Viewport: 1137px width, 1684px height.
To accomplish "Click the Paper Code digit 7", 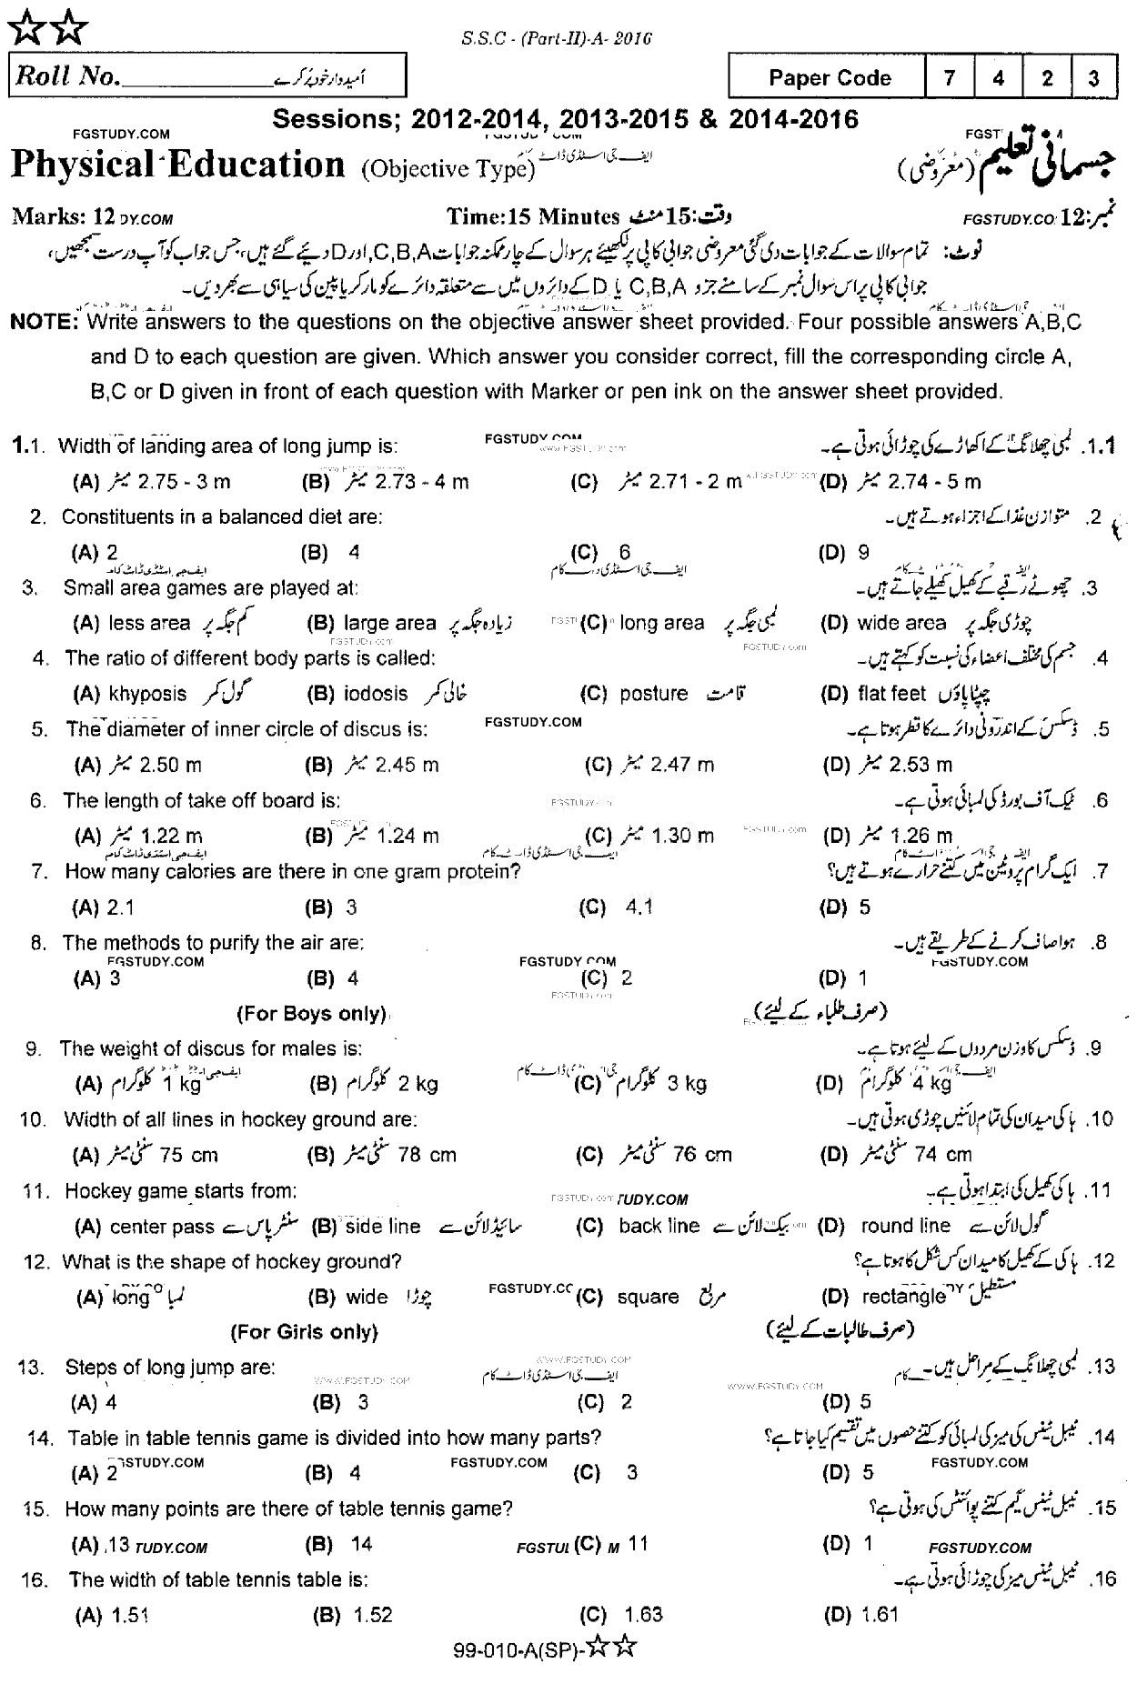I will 949,78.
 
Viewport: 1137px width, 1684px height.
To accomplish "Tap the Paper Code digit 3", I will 1093,78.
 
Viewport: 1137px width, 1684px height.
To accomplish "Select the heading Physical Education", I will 178,165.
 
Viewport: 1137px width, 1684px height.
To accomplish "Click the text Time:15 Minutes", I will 533,216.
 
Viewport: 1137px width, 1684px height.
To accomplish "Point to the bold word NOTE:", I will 44,322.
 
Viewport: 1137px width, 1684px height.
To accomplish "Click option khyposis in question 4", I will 147,694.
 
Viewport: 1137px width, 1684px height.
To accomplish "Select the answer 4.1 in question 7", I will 639,907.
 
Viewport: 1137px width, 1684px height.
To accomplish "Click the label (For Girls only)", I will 304,1332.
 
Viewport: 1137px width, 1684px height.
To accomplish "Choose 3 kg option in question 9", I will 687,1084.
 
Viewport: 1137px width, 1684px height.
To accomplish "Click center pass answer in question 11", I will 162,1227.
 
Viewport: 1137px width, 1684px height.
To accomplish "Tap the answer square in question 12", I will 648,1298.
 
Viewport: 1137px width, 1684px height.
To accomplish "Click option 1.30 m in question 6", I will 682,836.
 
